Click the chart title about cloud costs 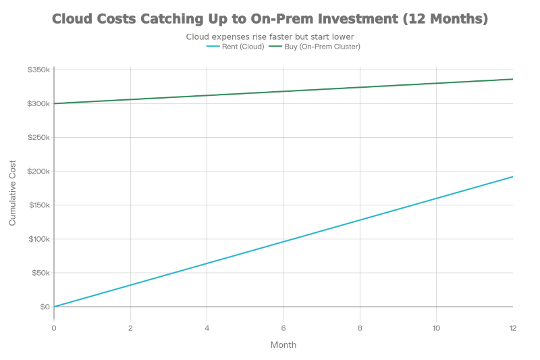pyautogui.click(x=270, y=19)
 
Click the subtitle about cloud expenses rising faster pyautogui.click(x=270, y=36)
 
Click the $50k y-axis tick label pyautogui.click(x=41, y=272)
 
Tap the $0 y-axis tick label pyautogui.click(x=45, y=306)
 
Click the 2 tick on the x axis pyautogui.click(x=130, y=328)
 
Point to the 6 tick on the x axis pyautogui.click(x=283, y=328)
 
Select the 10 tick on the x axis pyautogui.click(x=437, y=328)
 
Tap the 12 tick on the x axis pyautogui.click(x=513, y=328)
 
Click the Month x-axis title pyautogui.click(x=283, y=344)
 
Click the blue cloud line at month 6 pyautogui.click(x=283, y=241)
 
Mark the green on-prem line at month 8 pyautogui.click(x=360, y=87)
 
